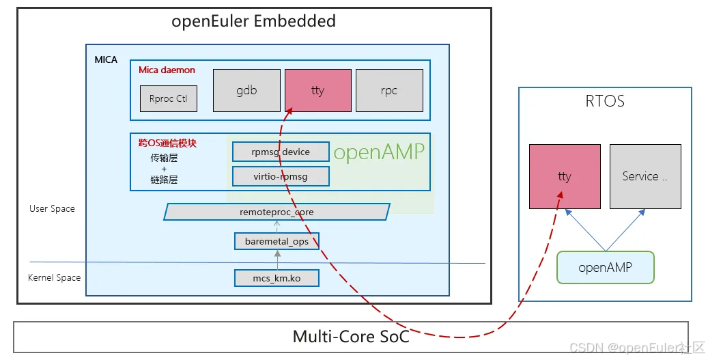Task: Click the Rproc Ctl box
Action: (x=168, y=98)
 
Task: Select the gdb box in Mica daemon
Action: (x=246, y=90)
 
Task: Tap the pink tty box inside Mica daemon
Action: (x=317, y=90)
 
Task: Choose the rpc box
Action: (x=389, y=90)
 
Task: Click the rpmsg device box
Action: (x=281, y=152)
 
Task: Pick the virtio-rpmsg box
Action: (x=281, y=176)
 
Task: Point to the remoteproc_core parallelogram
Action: (x=277, y=212)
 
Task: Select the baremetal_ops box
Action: (x=277, y=240)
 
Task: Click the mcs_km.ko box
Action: (x=277, y=278)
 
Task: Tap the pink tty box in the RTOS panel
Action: (x=565, y=176)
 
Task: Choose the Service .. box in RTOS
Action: (x=645, y=176)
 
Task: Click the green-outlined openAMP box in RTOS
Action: (x=605, y=268)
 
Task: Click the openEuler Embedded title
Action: (x=253, y=21)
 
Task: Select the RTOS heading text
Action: (x=605, y=102)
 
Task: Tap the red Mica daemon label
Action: (x=167, y=70)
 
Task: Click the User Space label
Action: (x=52, y=208)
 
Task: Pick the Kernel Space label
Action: (x=54, y=277)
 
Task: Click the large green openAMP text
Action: (x=379, y=152)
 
